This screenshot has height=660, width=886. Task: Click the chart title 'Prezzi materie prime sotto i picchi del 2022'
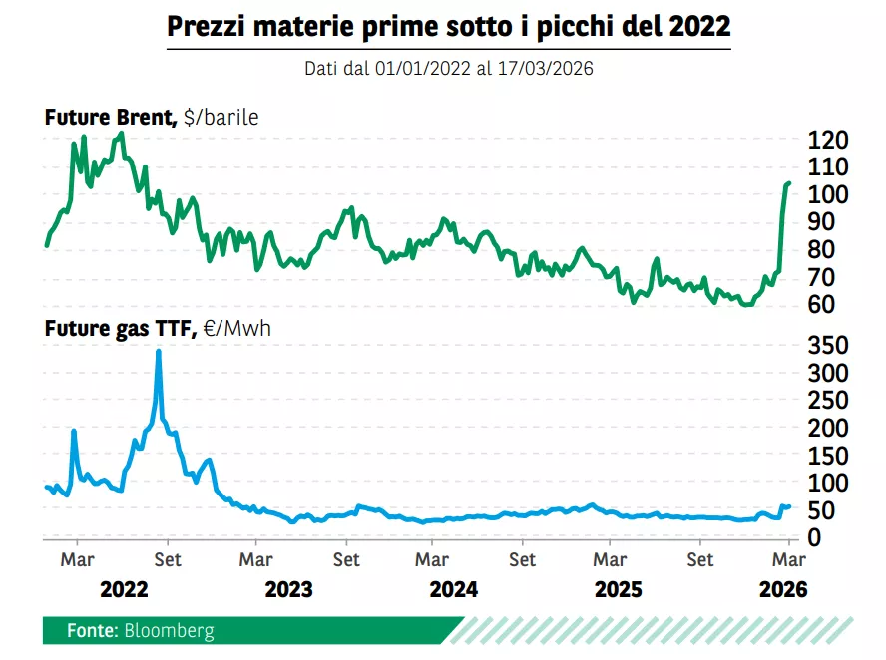449,27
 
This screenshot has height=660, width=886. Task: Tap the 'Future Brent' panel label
109,118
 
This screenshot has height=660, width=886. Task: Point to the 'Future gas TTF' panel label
118,327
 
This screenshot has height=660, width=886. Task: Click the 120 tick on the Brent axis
829,140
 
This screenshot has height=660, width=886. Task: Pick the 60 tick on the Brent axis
829,305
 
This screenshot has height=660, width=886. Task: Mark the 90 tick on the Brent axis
829,222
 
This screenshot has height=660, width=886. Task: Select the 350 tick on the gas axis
829,345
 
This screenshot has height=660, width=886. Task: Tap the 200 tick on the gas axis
829,428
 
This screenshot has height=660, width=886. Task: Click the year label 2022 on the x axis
124,589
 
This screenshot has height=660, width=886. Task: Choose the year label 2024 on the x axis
454,589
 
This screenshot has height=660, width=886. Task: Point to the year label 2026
783,589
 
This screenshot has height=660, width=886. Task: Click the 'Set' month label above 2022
168,559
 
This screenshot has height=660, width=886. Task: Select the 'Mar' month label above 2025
610,559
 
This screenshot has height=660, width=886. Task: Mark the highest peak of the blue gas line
159,352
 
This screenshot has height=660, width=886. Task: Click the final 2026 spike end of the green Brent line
788,183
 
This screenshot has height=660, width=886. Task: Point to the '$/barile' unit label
221,118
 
